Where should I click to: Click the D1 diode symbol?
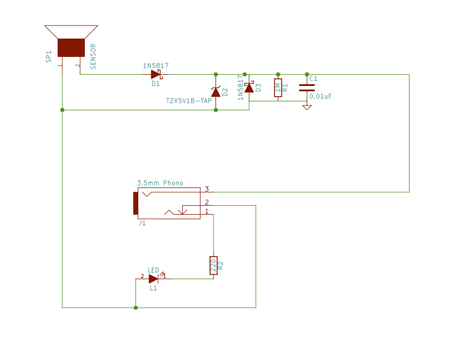[156, 75]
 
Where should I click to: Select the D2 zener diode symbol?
[215, 92]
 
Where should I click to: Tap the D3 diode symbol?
[249, 88]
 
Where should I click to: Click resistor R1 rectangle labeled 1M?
[277, 88]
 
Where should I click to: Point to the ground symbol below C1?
[307, 107]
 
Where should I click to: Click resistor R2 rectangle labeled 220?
[213, 265]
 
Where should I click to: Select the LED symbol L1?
[154, 279]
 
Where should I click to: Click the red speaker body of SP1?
[71, 47]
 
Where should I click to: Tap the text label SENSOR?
[93, 57]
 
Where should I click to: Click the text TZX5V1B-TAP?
[189, 101]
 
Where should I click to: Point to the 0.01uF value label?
[321, 96]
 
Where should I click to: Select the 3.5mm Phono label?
[160, 183]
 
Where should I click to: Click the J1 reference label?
[142, 224]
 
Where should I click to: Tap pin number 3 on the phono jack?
[207, 189]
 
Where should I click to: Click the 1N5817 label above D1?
[156, 65]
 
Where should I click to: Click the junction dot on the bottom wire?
[136, 308]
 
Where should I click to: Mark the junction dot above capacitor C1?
[307, 75]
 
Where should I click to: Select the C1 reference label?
[314, 79]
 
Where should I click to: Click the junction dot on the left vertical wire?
[62, 110]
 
